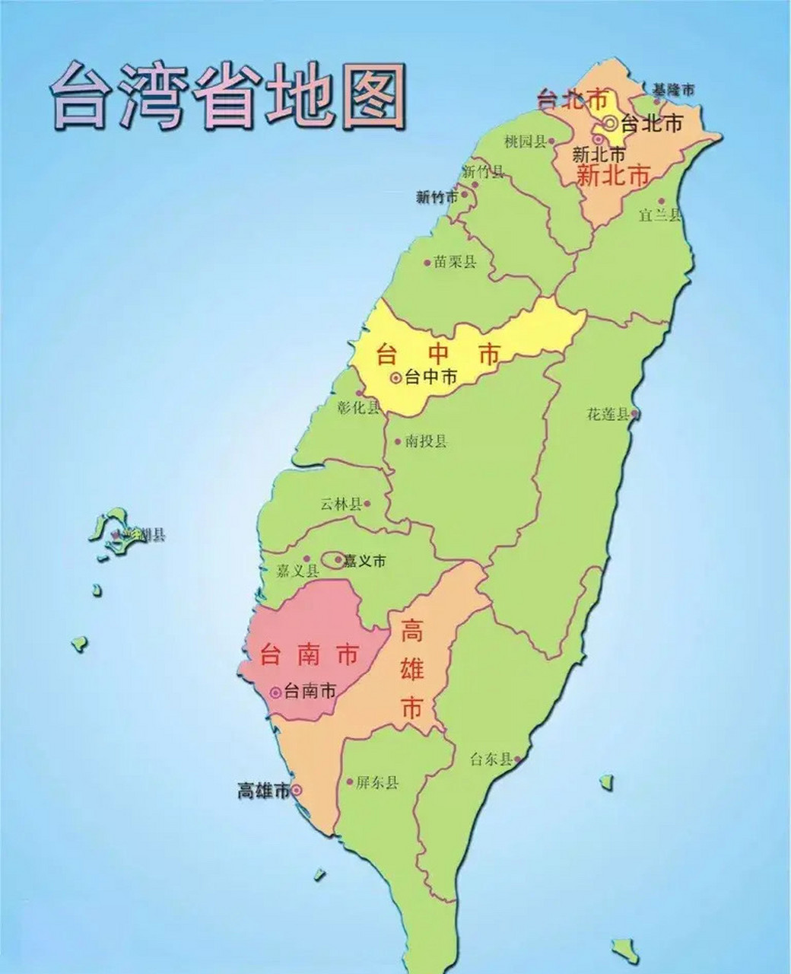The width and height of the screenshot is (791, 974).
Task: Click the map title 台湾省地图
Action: (227, 97)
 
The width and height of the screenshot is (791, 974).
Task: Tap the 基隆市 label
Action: (674, 90)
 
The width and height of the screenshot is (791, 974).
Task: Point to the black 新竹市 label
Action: (437, 197)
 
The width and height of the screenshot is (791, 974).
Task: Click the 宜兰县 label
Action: (659, 215)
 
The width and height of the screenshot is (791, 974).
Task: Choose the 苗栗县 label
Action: (455, 263)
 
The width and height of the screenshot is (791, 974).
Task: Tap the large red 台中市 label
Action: (439, 355)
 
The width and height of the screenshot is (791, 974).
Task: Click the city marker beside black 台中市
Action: (395, 377)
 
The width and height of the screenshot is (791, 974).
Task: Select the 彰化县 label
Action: (357, 407)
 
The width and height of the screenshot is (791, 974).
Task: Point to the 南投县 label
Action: (426, 441)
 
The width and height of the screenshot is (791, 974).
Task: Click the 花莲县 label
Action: (608, 415)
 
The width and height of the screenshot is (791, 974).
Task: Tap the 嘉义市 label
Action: (364, 562)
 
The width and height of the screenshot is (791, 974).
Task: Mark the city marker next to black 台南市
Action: (275, 692)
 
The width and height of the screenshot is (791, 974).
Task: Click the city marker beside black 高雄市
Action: (297, 791)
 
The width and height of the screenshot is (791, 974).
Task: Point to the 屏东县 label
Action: (377, 782)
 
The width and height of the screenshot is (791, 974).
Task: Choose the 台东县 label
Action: (491, 759)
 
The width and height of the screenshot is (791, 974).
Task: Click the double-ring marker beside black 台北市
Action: (610, 123)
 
